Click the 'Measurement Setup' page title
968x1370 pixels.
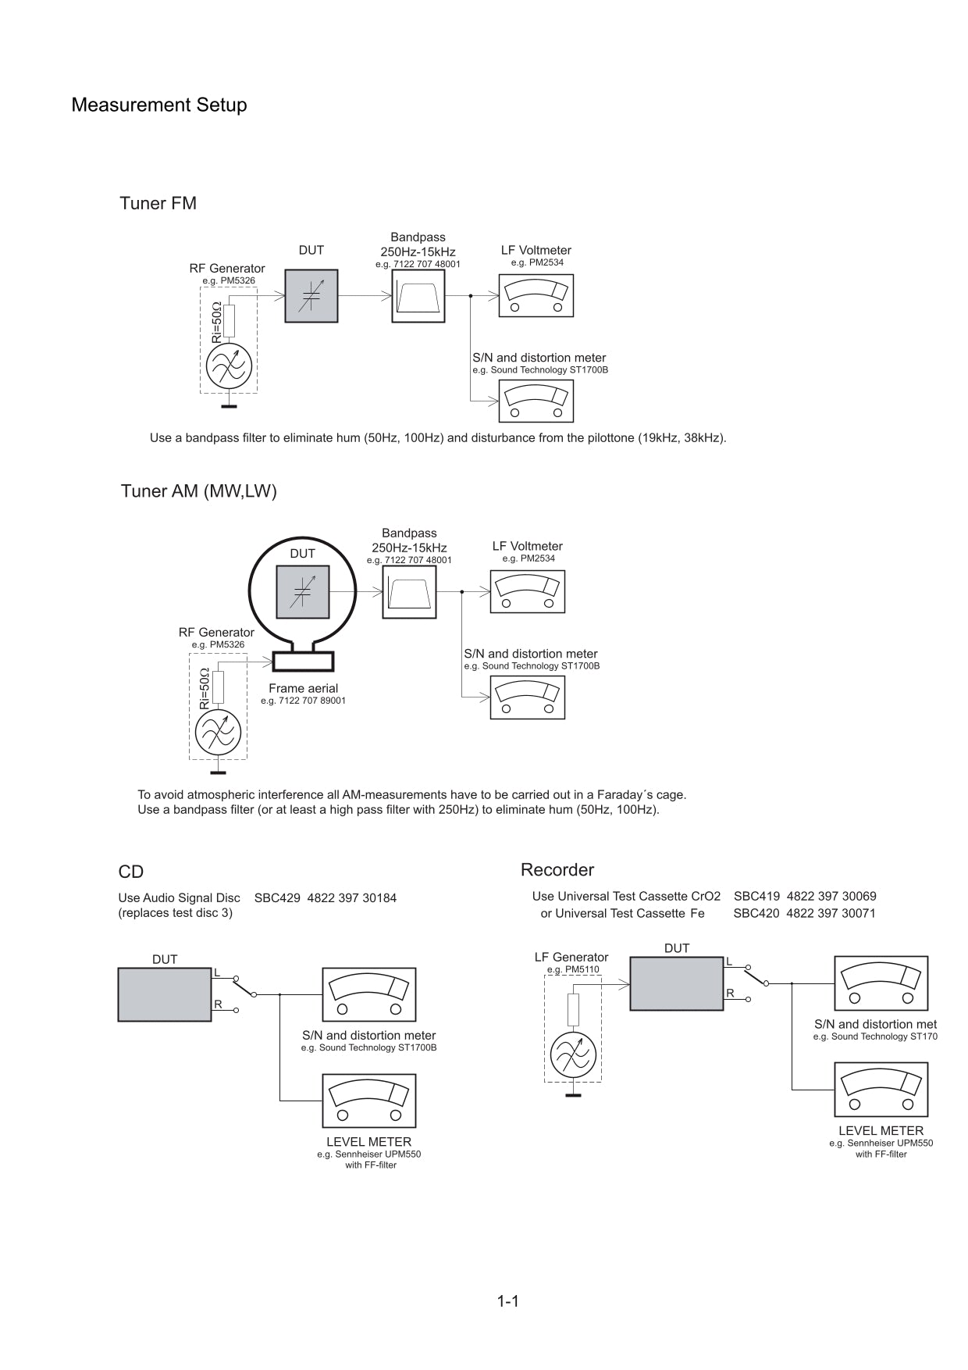coord(158,105)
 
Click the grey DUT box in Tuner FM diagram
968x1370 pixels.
coord(311,296)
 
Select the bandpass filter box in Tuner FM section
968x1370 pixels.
coord(418,296)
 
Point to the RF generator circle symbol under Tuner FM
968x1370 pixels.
coord(229,366)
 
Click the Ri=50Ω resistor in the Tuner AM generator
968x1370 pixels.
coord(219,686)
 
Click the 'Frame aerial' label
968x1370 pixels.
coord(303,688)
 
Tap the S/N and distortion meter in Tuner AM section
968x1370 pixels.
coord(527,697)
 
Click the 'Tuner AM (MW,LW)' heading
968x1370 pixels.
coord(198,491)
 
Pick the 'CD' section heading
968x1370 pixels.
coord(131,872)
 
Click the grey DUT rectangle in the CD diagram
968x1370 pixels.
coord(164,994)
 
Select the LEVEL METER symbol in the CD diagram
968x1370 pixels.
coord(368,1101)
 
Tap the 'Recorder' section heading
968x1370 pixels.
coord(557,870)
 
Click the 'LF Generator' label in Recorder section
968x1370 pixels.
coord(571,957)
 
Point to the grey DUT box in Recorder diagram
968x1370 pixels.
coord(676,983)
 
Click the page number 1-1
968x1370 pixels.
coord(507,1300)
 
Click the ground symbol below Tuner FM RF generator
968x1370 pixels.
coord(229,406)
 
